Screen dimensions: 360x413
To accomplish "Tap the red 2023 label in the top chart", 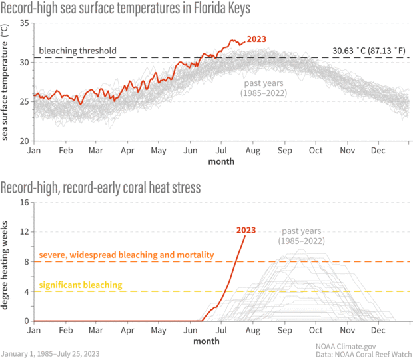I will (257, 39).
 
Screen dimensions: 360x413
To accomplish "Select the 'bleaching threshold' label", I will (78, 51).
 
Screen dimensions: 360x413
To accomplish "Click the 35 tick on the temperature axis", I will (25, 23).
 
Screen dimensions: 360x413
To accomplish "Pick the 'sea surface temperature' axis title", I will (5, 83).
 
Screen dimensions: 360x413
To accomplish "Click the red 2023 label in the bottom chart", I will (246, 231).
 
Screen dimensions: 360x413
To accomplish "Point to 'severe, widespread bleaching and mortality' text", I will (126, 255).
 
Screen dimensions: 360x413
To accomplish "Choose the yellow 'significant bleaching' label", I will (80, 285).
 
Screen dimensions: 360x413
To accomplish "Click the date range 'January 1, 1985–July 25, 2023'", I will (51, 353).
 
